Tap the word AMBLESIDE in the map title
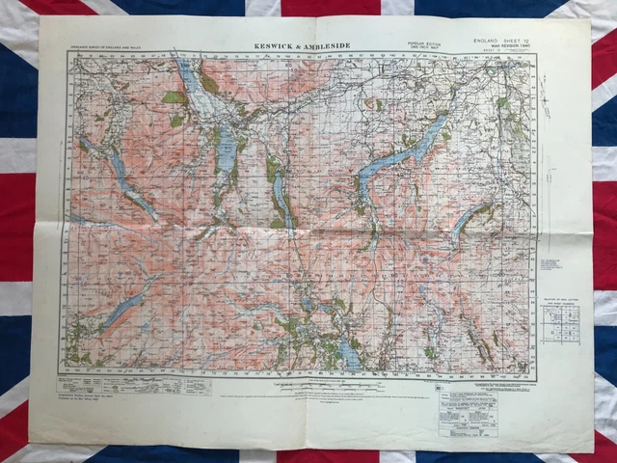pos(334,44)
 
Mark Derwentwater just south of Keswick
pos(226,148)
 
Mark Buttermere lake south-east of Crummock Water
pos(145,204)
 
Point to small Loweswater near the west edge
pos(88,146)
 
